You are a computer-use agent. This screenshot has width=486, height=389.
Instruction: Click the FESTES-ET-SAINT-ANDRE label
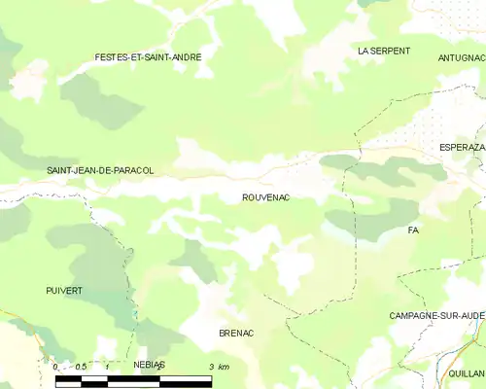(x=148, y=57)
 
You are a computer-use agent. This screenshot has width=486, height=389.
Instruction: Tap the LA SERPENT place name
(x=384, y=50)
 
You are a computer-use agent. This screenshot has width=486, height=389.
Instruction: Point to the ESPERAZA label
(x=462, y=147)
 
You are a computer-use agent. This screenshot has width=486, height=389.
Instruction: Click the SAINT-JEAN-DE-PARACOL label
(x=100, y=170)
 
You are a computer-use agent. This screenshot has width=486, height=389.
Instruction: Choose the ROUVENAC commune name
(x=266, y=197)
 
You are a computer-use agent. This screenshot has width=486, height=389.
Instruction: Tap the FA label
(x=413, y=230)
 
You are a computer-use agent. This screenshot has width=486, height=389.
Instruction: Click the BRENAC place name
(x=236, y=333)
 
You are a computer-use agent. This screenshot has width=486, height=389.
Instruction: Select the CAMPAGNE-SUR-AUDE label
(x=436, y=316)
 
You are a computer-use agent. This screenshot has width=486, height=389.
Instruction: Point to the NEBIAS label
(x=149, y=364)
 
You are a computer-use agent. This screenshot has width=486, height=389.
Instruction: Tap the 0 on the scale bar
(x=55, y=367)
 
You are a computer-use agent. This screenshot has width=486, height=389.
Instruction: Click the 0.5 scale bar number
(x=82, y=367)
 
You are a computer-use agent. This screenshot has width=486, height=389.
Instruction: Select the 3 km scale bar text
(x=219, y=367)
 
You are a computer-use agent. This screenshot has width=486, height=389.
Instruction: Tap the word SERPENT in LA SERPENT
(x=392, y=50)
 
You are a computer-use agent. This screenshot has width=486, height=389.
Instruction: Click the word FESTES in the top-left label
(x=112, y=57)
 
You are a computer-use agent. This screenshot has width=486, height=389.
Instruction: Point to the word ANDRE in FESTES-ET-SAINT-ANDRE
(x=187, y=57)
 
